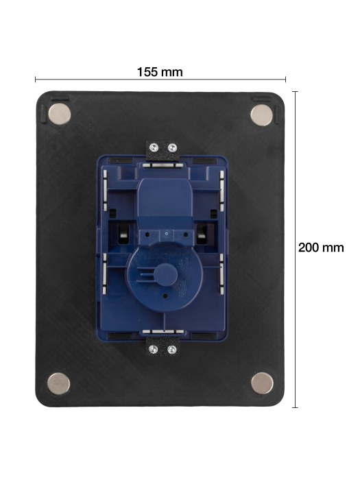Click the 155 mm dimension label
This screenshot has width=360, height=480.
160,71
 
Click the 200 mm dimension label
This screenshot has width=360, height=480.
321,248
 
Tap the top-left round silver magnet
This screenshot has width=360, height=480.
60,114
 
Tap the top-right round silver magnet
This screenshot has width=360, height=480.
261,115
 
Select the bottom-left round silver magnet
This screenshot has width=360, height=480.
60,383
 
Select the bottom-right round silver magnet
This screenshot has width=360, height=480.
261,383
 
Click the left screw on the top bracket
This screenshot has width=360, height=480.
156,147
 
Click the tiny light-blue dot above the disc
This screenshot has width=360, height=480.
165,234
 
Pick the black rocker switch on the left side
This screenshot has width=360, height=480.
122,233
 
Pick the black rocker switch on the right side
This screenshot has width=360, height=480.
204,233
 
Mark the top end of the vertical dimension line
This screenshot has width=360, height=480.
296,92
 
